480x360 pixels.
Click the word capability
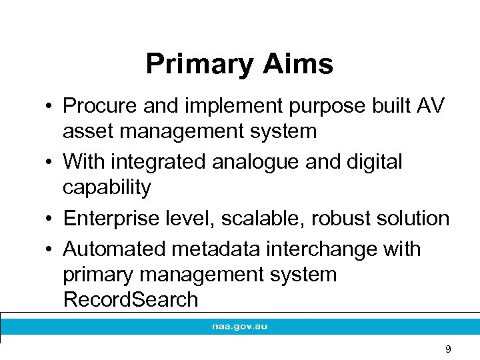tap(107, 187)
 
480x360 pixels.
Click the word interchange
tap(317, 249)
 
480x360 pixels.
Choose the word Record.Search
tap(131, 299)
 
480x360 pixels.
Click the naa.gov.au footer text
tap(240, 327)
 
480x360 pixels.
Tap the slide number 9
tap(448, 349)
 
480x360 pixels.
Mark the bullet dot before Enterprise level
tap(50, 219)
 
